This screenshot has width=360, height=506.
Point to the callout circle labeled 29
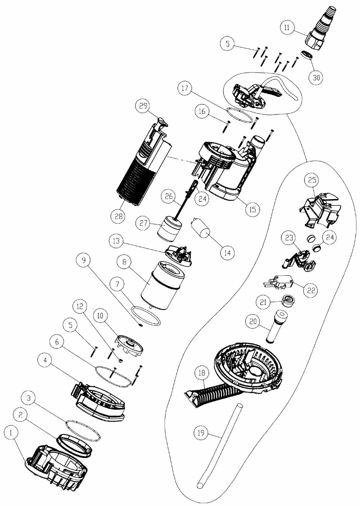coord(143,106)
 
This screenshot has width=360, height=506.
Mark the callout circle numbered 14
coord(228,252)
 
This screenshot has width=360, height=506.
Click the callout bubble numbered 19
coord(201,432)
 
